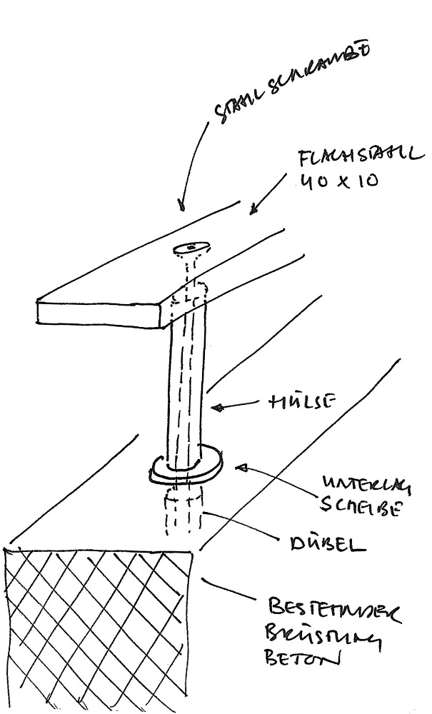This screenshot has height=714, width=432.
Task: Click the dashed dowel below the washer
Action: (x=181, y=511)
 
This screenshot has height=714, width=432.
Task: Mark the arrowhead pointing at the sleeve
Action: (x=218, y=408)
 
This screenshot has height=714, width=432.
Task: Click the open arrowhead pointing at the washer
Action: (x=242, y=468)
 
